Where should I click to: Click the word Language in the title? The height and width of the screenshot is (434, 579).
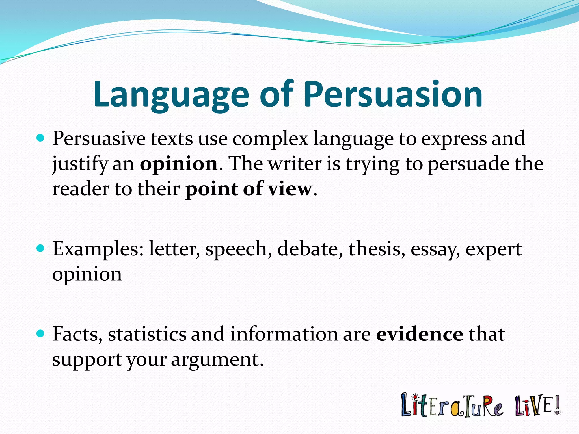tap(171, 95)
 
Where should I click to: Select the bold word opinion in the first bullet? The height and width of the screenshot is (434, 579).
tap(179, 164)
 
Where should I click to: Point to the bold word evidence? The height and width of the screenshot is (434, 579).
tap(419, 334)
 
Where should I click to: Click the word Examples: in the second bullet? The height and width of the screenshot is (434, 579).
tap(98, 249)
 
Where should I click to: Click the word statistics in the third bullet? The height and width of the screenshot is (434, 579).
tap(147, 334)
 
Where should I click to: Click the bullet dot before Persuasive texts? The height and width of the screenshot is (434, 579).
tap(41, 138)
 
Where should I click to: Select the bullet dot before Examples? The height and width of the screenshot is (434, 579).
tap(41, 249)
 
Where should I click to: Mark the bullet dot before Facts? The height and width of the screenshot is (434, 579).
tap(41, 334)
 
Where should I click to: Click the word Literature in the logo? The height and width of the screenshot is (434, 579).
tap(452, 406)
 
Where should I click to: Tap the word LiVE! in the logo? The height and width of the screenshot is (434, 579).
tap(537, 405)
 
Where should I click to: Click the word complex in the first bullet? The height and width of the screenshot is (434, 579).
tap(270, 139)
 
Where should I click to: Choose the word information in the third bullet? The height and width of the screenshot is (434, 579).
tap(284, 334)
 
